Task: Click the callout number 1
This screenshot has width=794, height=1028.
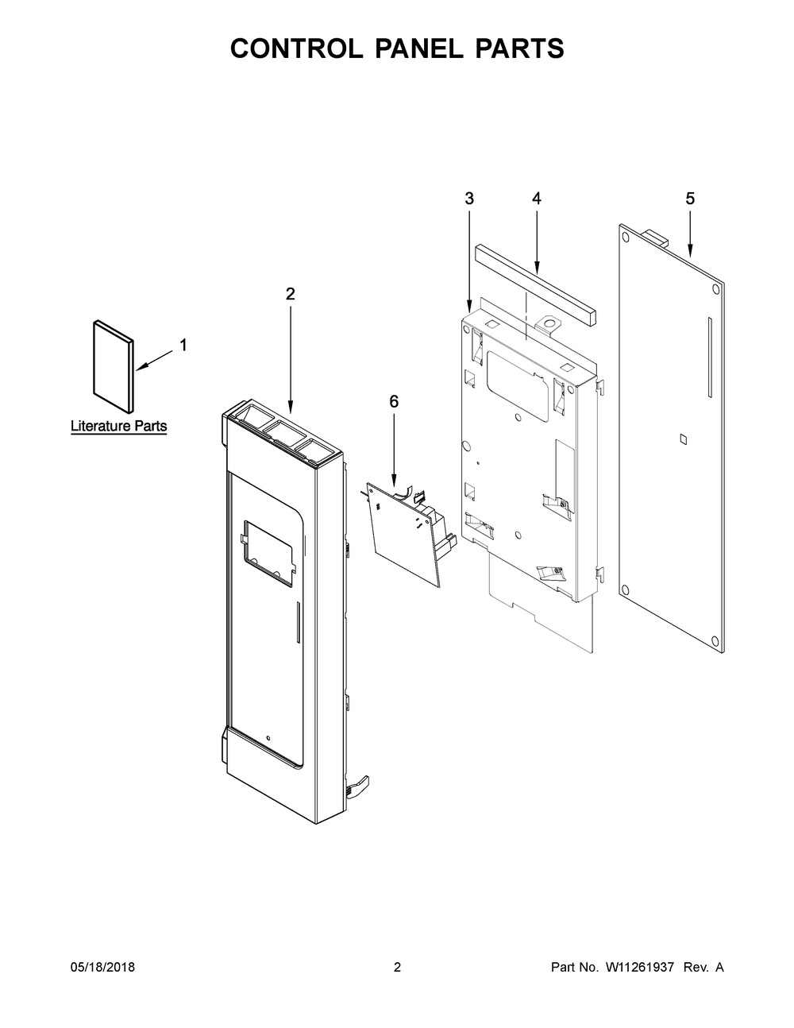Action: tap(183, 345)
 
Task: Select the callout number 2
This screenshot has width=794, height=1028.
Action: tap(290, 294)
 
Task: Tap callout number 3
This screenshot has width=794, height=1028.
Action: tap(469, 199)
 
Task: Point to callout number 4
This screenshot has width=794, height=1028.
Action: tap(537, 199)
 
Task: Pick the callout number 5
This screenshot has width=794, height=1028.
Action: tap(689, 199)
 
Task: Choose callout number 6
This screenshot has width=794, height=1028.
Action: tap(394, 402)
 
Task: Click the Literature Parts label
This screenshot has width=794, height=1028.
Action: tap(119, 427)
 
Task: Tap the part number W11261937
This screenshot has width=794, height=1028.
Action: tap(640, 968)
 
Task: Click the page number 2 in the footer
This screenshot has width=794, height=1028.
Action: tap(397, 968)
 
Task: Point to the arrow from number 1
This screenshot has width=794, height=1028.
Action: tap(155, 359)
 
